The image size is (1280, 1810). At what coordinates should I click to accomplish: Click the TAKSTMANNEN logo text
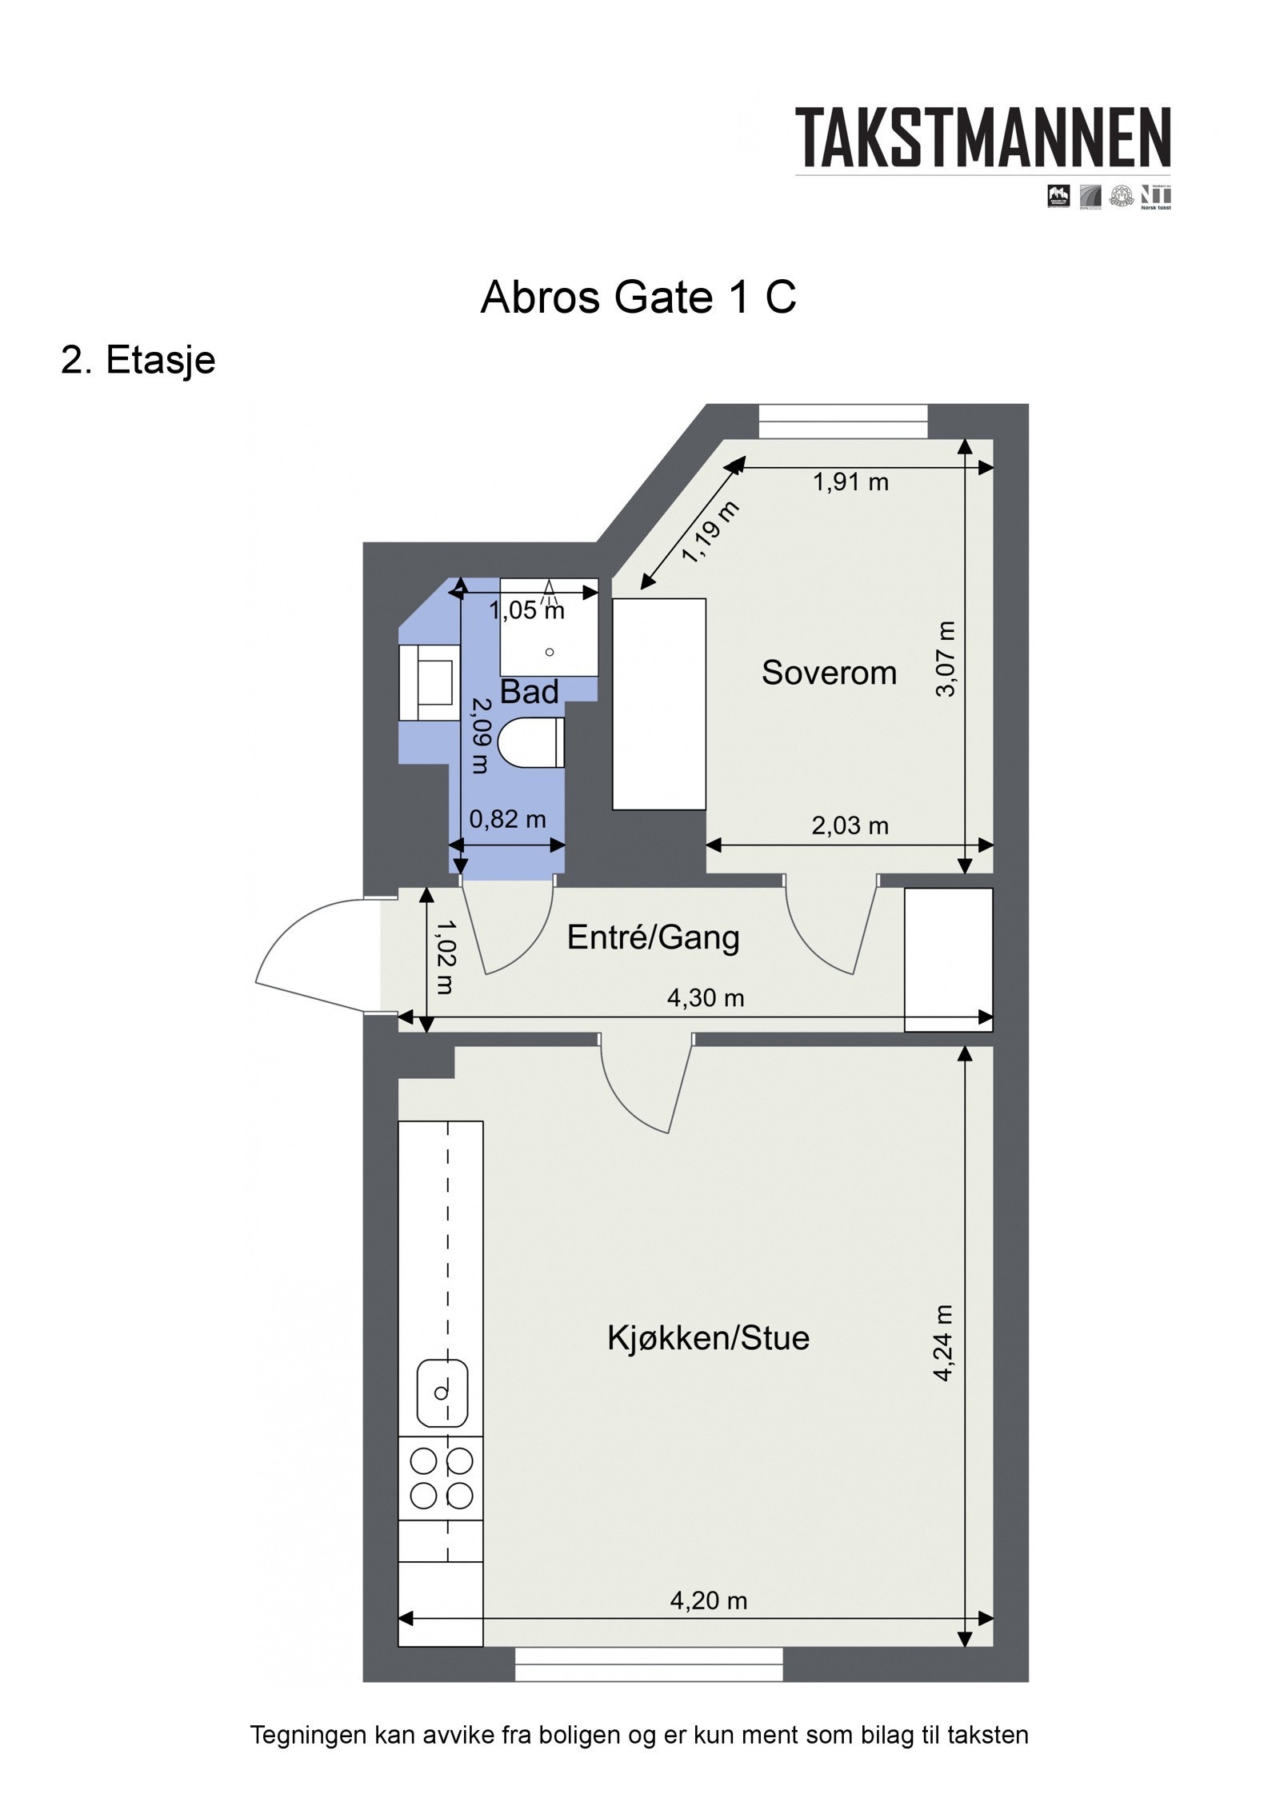tap(982, 138)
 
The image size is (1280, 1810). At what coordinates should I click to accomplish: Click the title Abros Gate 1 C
tap(638, 298)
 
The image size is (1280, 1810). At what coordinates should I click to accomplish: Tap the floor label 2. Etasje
tap(138, 360)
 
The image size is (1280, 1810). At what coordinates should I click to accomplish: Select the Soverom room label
tap(828, 673)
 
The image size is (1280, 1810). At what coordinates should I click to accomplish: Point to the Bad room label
tap(529, 692)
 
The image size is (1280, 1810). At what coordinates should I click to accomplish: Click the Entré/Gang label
tap(653, 937)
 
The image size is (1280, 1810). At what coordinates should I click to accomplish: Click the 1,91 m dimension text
tap(850, 482)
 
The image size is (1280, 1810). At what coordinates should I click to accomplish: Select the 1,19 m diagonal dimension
tap(710, 532)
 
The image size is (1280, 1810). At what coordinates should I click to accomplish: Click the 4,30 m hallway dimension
tap(706, 998)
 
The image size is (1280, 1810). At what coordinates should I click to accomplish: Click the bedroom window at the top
tap(843, 422)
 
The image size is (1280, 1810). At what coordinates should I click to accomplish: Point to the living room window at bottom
tap(649, 1664)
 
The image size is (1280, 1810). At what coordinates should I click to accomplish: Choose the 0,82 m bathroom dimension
tap(507, 819)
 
